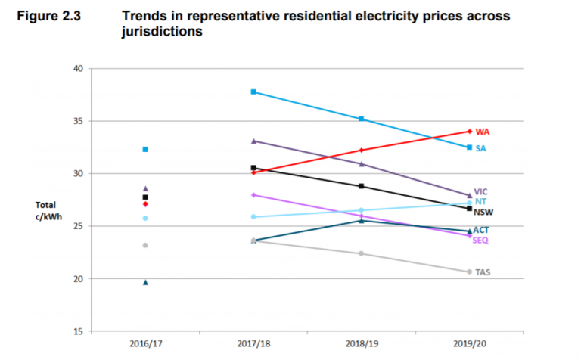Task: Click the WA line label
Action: point(483,132)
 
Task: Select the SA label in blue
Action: point(481,148)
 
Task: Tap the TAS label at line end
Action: point(483,272)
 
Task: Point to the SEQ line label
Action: point(480,241)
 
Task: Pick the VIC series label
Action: point(481,192)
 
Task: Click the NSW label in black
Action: point(483,213)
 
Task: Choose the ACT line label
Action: point(481,230)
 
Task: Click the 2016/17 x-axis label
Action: point(145,343)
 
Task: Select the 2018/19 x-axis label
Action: point(362,343)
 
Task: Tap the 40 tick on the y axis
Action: point(76,69)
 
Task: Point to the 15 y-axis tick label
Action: point(76,331)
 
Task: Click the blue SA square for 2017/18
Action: point(253,92)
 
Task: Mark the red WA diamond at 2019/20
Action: point(470,132)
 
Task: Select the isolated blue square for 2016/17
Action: point(145,149)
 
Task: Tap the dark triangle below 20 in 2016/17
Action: point(145,282)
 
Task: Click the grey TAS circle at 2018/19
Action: point(362,253)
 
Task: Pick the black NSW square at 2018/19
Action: point(362,186)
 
